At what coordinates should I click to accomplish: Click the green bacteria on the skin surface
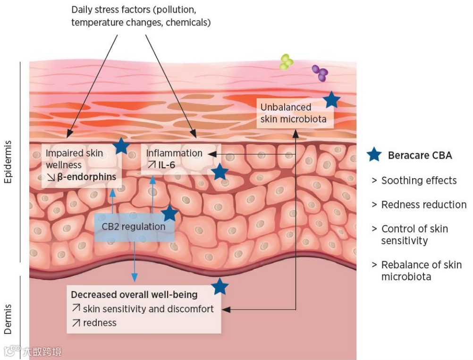click(x=287, y=61)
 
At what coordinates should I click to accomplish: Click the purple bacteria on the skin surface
click(x=320, y=72)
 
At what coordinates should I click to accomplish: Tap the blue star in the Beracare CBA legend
click(x=374, y=154)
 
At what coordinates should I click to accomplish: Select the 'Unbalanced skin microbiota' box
click(x=293, y=113)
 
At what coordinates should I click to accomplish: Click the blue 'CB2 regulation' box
click(x=134, y=227)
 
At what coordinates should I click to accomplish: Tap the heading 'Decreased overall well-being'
click(x=134, y=295)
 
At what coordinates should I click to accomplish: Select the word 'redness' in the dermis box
click(x=100, y=323)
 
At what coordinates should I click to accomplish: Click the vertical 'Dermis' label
click(x=9, y=319)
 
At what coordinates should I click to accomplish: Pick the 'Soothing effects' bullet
click(x=419, y=180)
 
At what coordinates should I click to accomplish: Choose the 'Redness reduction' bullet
click(x=423, y=205)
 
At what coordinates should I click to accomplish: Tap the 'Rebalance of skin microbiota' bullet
click(x=421, y=271)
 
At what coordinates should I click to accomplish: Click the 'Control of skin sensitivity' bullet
click(x=414, y=235)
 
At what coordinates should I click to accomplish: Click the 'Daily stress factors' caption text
click(x=140, y=16)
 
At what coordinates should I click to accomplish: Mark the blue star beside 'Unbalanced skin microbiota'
click(x=332, y=100)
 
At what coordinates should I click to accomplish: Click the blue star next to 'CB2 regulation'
click(x=169, y=214)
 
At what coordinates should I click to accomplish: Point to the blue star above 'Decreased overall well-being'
click(x=220, y=286)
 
